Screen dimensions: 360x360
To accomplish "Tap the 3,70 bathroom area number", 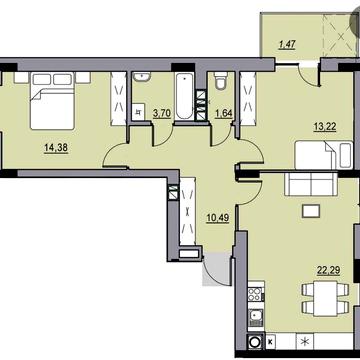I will click(x=161, y=114).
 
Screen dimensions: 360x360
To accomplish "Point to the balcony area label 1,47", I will click(x=287, y=43).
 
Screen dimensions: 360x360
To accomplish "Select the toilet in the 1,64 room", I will click(x=221, y=88).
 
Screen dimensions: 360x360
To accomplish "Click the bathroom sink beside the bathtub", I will click(x=141, y=78).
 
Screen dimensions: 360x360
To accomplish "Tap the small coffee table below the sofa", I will click(x=311, y=209).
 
